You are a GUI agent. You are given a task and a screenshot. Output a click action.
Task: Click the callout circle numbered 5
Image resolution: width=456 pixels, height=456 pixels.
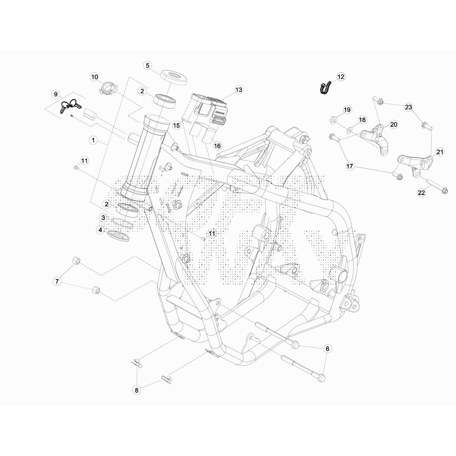coord(147,66)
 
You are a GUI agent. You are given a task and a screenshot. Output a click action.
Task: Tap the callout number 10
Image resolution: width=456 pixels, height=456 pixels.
coord(94,77)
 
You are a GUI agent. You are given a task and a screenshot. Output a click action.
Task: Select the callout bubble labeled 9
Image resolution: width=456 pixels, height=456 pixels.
coord(56,94)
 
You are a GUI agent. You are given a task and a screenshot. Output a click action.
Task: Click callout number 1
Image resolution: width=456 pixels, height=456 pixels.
coord(93,140)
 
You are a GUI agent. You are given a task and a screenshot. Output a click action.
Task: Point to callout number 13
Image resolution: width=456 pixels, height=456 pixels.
coord(239,90)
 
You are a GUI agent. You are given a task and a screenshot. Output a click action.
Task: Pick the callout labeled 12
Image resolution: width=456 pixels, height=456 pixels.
coord(341,77)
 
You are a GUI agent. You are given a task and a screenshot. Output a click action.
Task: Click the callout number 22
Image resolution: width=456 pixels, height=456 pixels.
coord(421,193)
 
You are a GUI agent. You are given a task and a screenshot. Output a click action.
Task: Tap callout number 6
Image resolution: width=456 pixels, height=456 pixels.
coord(327,349)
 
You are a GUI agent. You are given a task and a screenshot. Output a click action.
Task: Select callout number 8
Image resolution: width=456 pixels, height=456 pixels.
coord(137,390)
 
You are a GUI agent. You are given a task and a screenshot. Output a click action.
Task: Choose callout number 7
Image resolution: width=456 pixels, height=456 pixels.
coord(57,282)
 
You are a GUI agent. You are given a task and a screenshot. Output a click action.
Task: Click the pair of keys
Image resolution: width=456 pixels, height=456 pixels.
coord(70,106)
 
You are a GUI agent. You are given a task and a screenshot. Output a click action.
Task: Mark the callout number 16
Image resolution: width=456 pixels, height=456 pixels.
coord(217,146)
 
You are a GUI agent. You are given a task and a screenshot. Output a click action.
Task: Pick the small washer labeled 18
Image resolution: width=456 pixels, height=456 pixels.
coord(350,131)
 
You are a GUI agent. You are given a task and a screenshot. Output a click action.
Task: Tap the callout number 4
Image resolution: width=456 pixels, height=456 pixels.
coord(100,230)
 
